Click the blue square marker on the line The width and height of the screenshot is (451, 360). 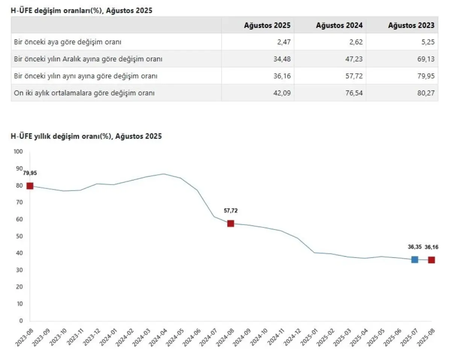tap(415, 259)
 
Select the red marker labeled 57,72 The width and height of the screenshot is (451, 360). tap(231, 224)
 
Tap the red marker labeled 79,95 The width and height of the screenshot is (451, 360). tap(30, 186)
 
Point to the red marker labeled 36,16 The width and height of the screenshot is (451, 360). tap(431, 260)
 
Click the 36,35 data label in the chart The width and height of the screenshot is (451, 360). tap(414, 247)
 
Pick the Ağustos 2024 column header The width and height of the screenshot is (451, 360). tap(339, 26)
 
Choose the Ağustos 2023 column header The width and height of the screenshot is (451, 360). tap(411, 26)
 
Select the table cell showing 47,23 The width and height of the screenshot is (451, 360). tap(354, 59)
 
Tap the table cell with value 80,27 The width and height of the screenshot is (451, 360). tap(426, 93)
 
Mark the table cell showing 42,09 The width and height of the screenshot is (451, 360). tap(282, 93)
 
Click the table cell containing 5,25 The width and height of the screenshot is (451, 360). tap(428, 42)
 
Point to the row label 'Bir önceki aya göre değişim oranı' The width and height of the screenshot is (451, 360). tap(68, 42)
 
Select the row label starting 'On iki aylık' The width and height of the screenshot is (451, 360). tap(84, 93)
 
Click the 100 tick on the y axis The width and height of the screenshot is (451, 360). tap(18, 151)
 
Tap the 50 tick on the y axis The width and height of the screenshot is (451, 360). tap(20, 236)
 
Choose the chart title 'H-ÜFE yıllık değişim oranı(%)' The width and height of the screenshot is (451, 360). tap(87, 136)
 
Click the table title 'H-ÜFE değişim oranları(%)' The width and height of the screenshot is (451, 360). tap(82, 11)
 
